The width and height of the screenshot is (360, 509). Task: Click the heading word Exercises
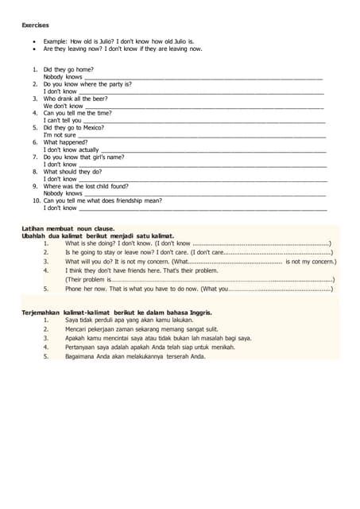tap(35, 25)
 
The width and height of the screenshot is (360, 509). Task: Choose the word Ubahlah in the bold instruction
tap(34, 235)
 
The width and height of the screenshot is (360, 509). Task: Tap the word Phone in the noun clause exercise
tap(74, 289)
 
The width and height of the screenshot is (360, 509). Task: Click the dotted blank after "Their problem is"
tap(223, 280)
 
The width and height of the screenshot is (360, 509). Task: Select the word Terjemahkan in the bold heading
tap(40, 313)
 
